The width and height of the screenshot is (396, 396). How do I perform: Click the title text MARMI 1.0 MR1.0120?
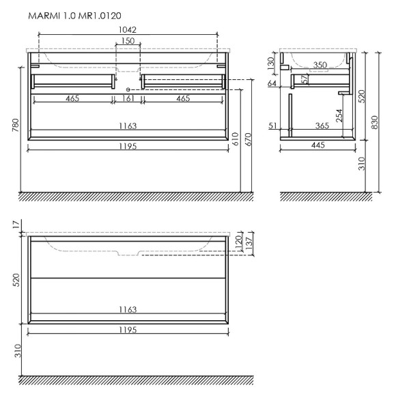click(x=74, y=14)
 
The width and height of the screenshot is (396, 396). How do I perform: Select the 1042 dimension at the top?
click(x=127, y=30)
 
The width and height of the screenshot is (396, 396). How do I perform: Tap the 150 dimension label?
click(x=127, y=42)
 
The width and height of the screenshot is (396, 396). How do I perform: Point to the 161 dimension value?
click(x=128, y=99)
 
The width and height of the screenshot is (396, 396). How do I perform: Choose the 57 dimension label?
click(x=305, y=79)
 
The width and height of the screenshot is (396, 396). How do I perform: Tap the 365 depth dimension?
click(x=320, y=126)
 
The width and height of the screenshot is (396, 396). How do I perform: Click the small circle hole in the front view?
click(x=128, y=90)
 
